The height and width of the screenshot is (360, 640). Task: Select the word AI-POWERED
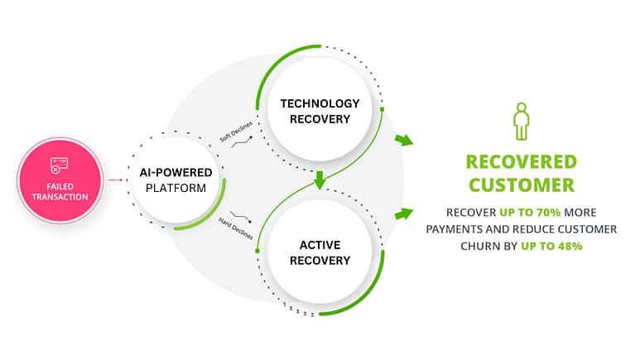tap(176, 172)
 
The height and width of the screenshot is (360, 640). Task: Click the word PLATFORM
tap(176, 189)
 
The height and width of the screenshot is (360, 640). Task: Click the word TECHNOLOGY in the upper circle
tap(320, 103)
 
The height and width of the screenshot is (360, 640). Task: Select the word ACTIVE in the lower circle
tap(320, 244)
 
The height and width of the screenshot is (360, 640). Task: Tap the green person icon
tap(520, 122)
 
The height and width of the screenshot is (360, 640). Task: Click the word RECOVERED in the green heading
tap(520, 161)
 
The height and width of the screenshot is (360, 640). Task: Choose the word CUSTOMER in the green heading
tap(520, 185)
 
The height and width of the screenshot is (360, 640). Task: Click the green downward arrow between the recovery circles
tap(320, 178)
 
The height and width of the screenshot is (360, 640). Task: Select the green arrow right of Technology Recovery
tap(403, 140)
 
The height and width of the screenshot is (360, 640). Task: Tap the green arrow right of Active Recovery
tap(403, 214)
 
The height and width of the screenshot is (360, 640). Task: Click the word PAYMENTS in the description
tap(460, 229)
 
